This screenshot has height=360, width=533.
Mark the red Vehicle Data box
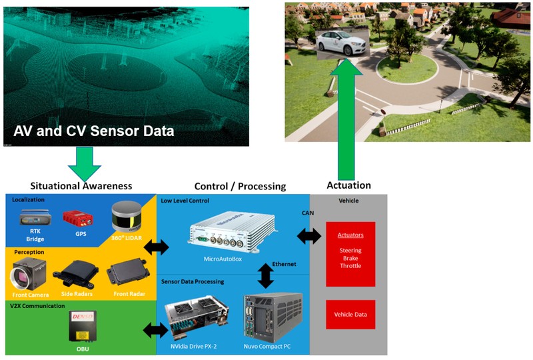(x=350, y=314)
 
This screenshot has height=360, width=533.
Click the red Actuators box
(x=350, y=254)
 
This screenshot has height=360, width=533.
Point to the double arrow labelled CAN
(x=308, y=235)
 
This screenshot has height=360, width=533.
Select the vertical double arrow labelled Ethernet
(x=266, y=275)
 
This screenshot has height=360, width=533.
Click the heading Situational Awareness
(x=81, y=185)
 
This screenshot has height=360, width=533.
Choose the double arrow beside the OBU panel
(x=156, y=329)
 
